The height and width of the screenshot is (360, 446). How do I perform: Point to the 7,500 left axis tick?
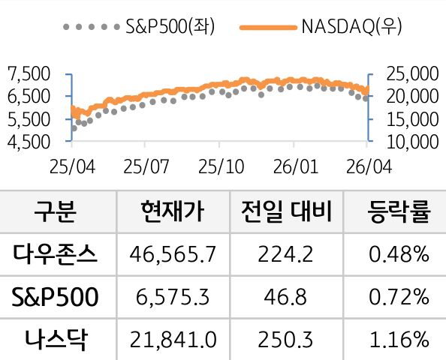click(28, 73)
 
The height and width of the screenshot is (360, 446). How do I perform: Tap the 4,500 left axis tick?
click(28, 140)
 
